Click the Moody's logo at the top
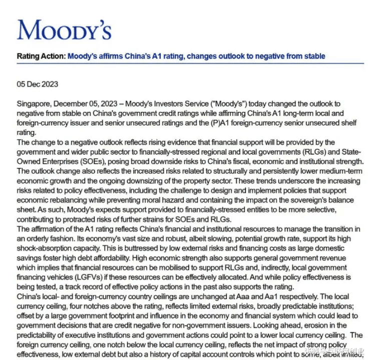pyautogui.click(x=64, y=29)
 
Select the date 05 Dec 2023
pyautogui.click(x=38, y=84)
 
